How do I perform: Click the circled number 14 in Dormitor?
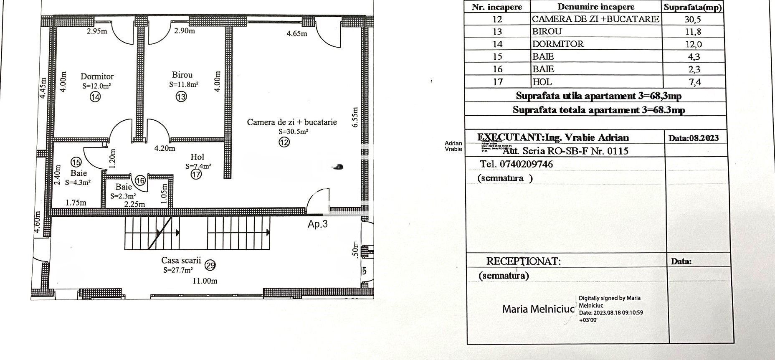tap(96, 97)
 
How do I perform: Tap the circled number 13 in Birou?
tap(181, 97)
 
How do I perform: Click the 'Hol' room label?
tap(197, 157)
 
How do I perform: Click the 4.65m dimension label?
tap(297, 33)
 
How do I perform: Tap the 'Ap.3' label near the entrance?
tap(317, 224)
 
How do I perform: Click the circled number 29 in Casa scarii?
tap(211, 265)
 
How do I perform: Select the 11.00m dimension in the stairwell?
tap(205, 281)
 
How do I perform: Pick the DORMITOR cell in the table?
tap(558, 44)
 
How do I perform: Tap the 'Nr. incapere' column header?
tap(497, 7)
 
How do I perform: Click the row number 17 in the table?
tap(497, 82)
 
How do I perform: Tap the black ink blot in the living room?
tap(338, 167)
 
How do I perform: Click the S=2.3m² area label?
tap(123, 196)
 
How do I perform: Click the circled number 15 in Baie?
tap(76, 162)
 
